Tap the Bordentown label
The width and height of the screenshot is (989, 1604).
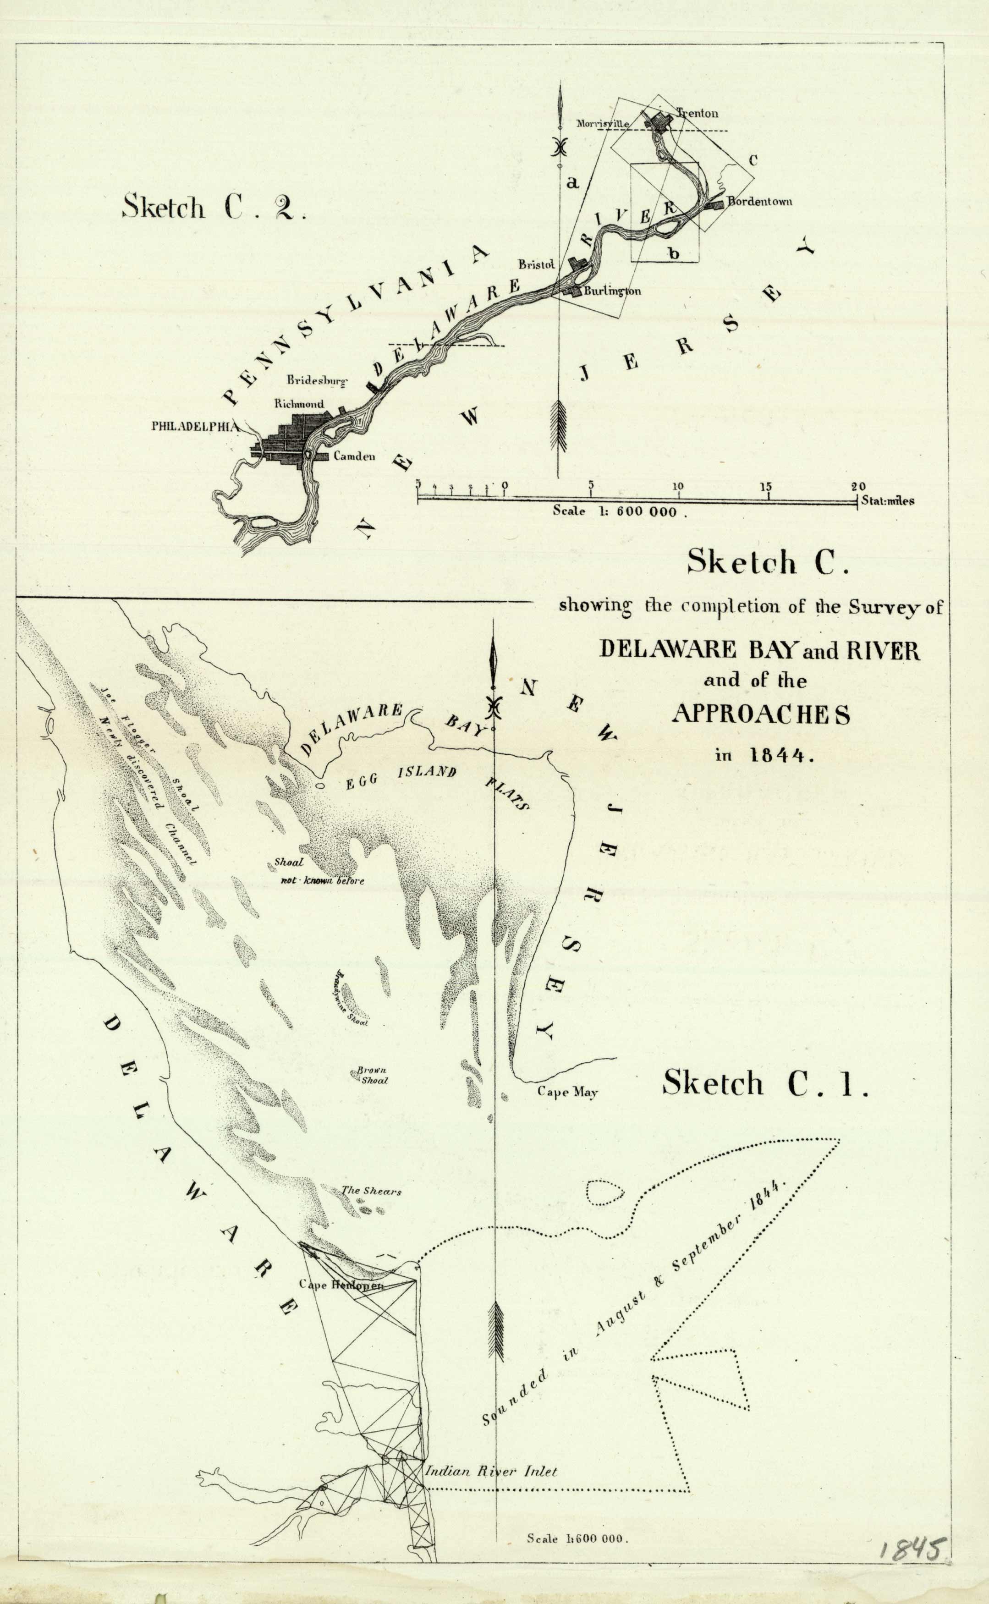pos(759,201)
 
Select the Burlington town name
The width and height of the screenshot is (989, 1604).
pos(612,291)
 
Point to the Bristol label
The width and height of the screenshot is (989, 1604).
pos(536,264)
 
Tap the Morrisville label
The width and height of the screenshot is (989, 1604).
pos(602,123)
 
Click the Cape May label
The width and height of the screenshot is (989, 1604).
pos(567,1091)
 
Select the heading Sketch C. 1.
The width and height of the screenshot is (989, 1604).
pos(765,1083)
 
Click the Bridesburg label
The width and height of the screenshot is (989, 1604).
pos(317,380)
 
